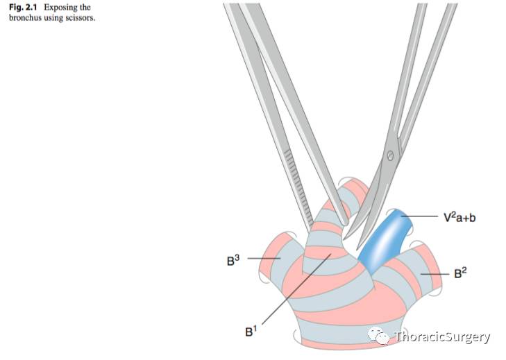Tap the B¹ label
250,332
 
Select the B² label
459,273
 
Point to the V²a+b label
459,217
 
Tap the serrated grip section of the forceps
297,183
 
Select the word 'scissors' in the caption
81,17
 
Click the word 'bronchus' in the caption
24,17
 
